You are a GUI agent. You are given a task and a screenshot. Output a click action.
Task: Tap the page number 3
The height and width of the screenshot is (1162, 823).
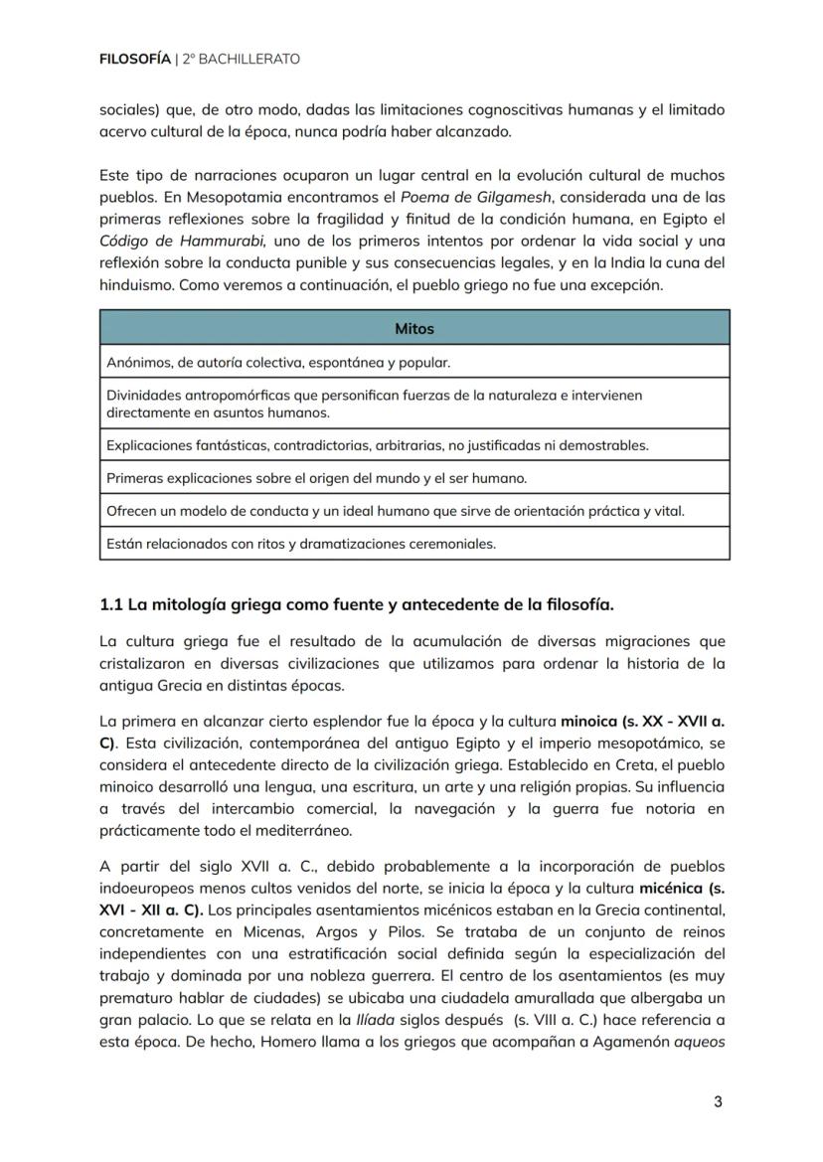pyautogui.click(x=718, y=1102)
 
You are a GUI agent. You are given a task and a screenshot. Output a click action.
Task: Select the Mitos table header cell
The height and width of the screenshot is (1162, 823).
pyautogui.click(x=413, y=328)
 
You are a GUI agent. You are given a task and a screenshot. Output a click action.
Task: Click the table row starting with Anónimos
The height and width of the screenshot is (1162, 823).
pyautogui.click(x=413, y=362)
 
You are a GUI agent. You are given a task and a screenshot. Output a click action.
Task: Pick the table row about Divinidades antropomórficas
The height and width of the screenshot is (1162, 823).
pyautogui.click(x=413, y=403)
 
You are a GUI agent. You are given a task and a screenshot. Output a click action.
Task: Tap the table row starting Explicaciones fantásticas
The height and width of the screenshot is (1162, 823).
pyautogui.click(x=413, y=444)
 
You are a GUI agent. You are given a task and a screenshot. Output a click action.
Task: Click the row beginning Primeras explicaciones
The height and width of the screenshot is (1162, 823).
pyautogui.click(x=413, y=477)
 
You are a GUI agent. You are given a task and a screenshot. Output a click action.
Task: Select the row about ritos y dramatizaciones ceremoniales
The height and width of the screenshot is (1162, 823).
pyautogui.click(x=413, y=543)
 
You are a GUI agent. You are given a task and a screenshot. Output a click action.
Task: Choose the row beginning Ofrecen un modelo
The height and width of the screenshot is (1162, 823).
pyautogui.click(x=413, y=510)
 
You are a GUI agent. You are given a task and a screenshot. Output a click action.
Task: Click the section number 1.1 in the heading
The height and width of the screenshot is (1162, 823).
pyautogui.click(x=111, y=604)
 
